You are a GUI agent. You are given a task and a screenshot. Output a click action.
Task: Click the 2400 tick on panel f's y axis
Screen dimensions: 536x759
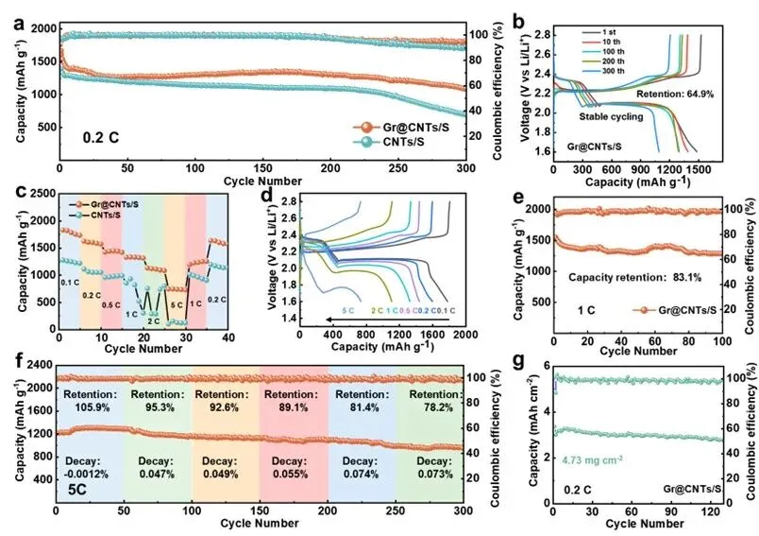click(38, 364)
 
